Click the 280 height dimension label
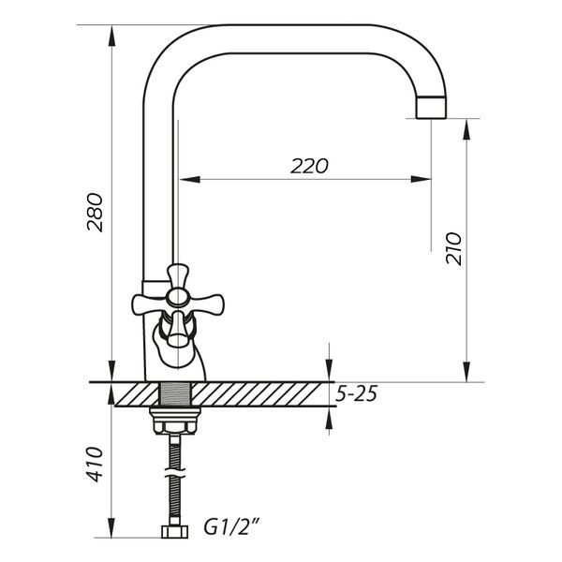95,213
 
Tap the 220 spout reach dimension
309,166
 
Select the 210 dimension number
453,249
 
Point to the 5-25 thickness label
356,394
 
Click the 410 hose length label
95,465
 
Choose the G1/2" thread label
231,526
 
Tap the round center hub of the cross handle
178,297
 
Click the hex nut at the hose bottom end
174,531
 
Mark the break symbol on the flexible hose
175,472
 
